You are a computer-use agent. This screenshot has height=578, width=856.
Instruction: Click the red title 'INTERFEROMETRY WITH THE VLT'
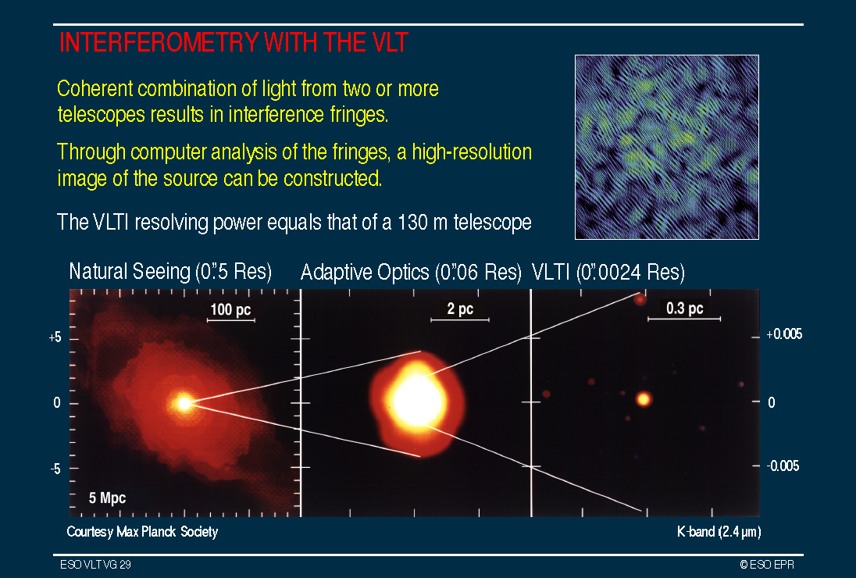click(x=233, y=43)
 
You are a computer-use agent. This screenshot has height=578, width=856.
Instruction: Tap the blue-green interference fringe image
click(x=666, y=147)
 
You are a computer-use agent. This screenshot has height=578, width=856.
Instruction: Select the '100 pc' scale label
click(x=230, y=309)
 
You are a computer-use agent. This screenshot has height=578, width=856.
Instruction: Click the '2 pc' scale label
click(x=460, y=309)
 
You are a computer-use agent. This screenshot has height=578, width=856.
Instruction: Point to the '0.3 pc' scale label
click(x=685, y=309)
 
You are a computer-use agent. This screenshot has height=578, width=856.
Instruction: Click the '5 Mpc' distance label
click(x=107, y=498)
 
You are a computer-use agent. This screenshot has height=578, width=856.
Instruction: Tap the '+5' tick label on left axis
click(x=55, y=338)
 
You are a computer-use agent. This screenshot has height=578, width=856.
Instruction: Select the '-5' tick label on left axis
click(x=55, y=469)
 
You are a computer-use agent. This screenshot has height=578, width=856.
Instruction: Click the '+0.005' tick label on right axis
click(x=784, y=334)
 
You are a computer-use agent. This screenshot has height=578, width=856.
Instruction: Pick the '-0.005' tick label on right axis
click(x=783, y=466)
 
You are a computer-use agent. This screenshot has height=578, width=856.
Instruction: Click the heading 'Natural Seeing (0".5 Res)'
click(x=170, y=271)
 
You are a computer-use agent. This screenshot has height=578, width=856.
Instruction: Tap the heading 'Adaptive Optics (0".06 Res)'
click(x=411, y=272)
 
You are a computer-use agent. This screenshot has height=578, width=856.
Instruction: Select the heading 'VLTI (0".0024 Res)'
click(x=608, y=272)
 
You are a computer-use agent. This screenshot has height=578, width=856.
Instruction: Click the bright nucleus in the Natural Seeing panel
click(x=184, y=403)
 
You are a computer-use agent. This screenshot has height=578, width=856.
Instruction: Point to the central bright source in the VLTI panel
click(x=644, y=399)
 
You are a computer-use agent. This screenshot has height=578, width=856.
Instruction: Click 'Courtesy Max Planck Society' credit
click(x=142, y=532)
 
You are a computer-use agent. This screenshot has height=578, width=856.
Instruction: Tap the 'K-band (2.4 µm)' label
click(x=719, y=532)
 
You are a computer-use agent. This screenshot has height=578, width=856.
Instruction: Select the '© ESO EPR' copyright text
click(x=767, y=565)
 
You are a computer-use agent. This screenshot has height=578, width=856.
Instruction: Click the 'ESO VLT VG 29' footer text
click(x=95, y=565)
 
